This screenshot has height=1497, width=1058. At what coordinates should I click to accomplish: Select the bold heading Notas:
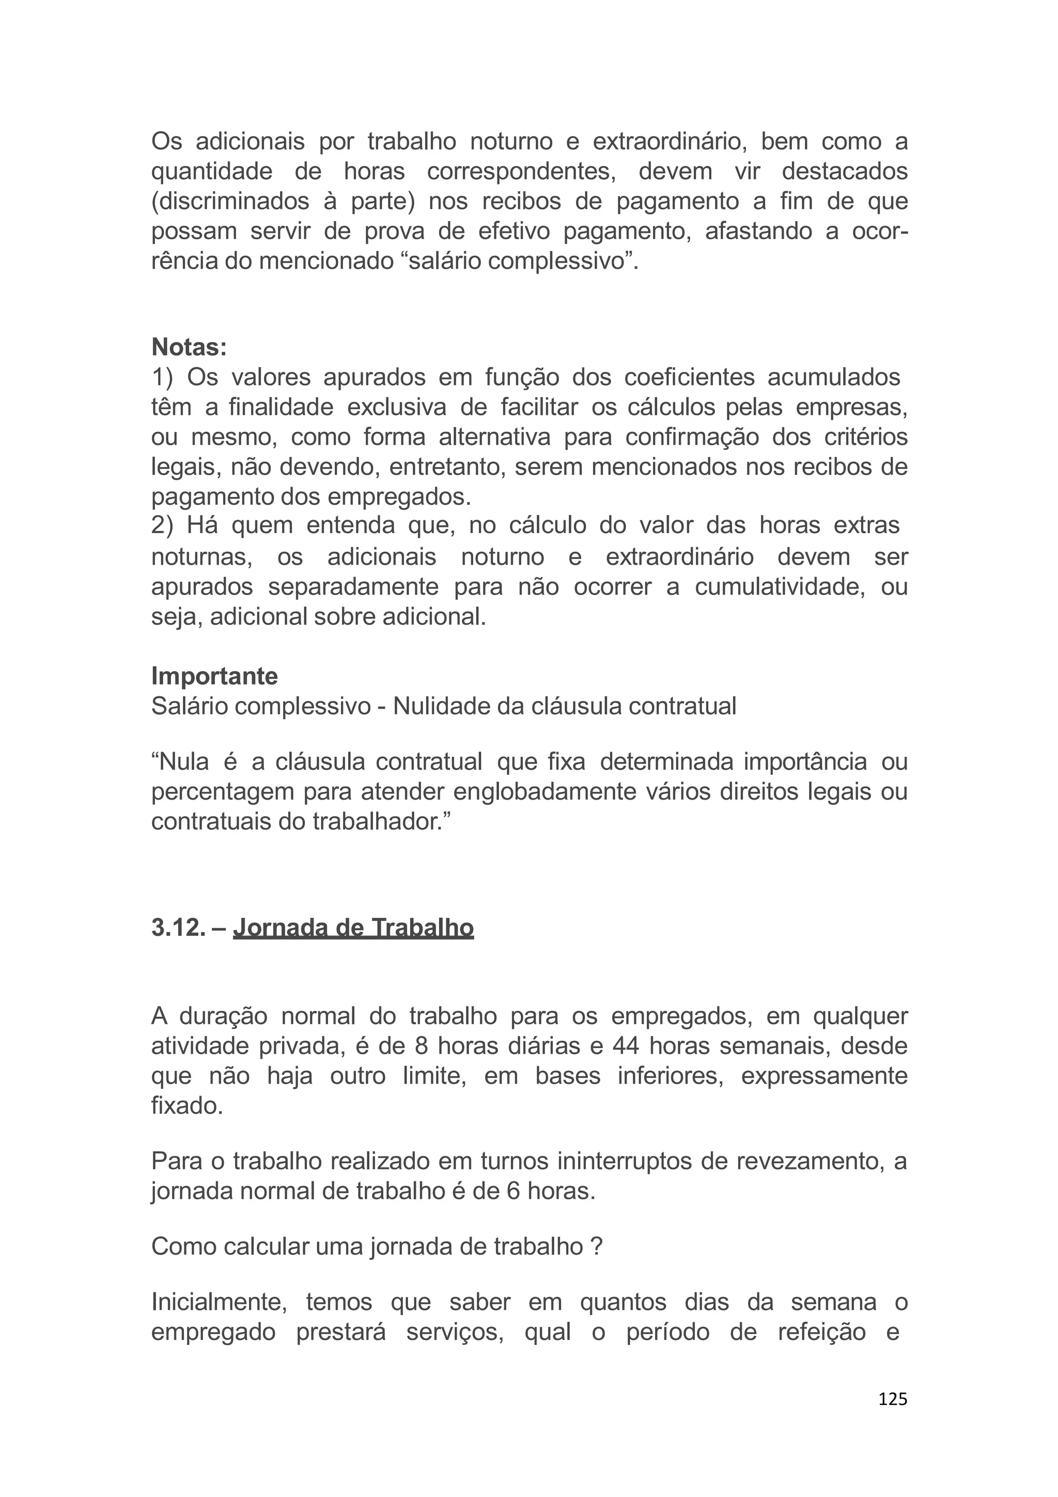coord(189,348)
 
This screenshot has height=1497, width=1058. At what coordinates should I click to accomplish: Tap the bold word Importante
coord(214,676)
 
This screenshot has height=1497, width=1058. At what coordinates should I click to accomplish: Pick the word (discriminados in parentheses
coord(230,201)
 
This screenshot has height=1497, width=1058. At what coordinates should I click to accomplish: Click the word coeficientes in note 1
coord(689,377)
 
